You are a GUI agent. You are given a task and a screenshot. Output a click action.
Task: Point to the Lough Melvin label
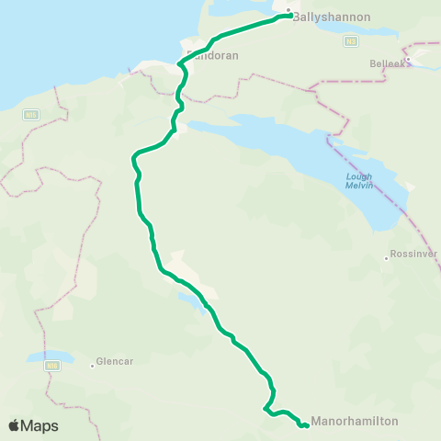coord(358,181)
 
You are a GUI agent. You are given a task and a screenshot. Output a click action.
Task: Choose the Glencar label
coord(116,361)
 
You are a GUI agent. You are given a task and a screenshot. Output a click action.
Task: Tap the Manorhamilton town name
coord(356,422)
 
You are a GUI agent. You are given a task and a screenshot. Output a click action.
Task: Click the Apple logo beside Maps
coord(14,425)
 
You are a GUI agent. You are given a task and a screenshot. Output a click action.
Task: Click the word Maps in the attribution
coord(40,425)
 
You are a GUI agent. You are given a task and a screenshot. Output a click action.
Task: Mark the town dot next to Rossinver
coord(387,257)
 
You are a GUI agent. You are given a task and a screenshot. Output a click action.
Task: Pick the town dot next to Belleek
coord(407,61)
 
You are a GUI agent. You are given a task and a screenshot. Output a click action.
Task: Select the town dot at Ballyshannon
coord(288,12)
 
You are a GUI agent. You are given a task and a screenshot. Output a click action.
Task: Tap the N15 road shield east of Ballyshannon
coord(351,40)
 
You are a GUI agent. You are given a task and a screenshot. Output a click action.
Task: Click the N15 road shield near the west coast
coord(31,114)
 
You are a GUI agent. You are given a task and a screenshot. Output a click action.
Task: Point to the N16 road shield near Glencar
coord(51,365)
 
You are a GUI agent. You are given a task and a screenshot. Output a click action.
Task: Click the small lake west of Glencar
coord(51,356)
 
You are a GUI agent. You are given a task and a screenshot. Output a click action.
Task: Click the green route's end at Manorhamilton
coord(304,425)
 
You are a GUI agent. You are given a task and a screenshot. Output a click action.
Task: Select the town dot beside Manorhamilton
coord(309,424)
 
